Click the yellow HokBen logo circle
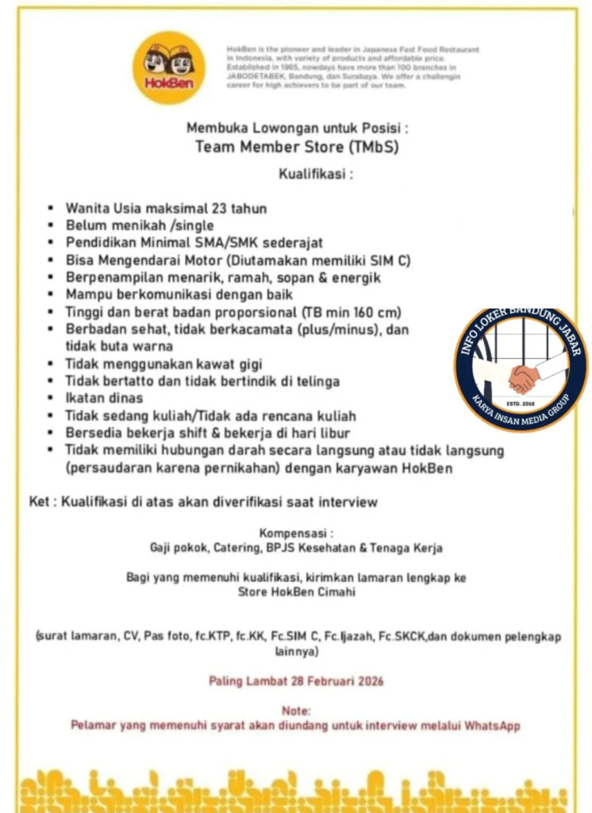pos(168,67)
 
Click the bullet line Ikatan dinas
pos(104,398)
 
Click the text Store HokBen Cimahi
pos(296,591)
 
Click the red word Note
pos(296,711)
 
